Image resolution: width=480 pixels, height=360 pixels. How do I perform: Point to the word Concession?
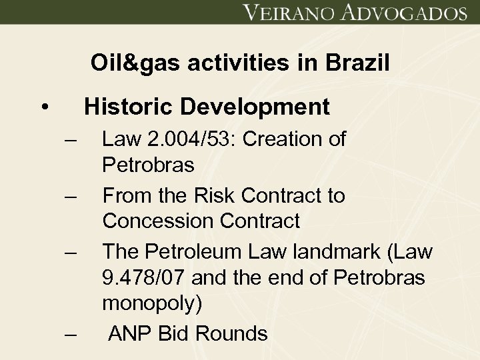pyautogui.click(x=156, y=221)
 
